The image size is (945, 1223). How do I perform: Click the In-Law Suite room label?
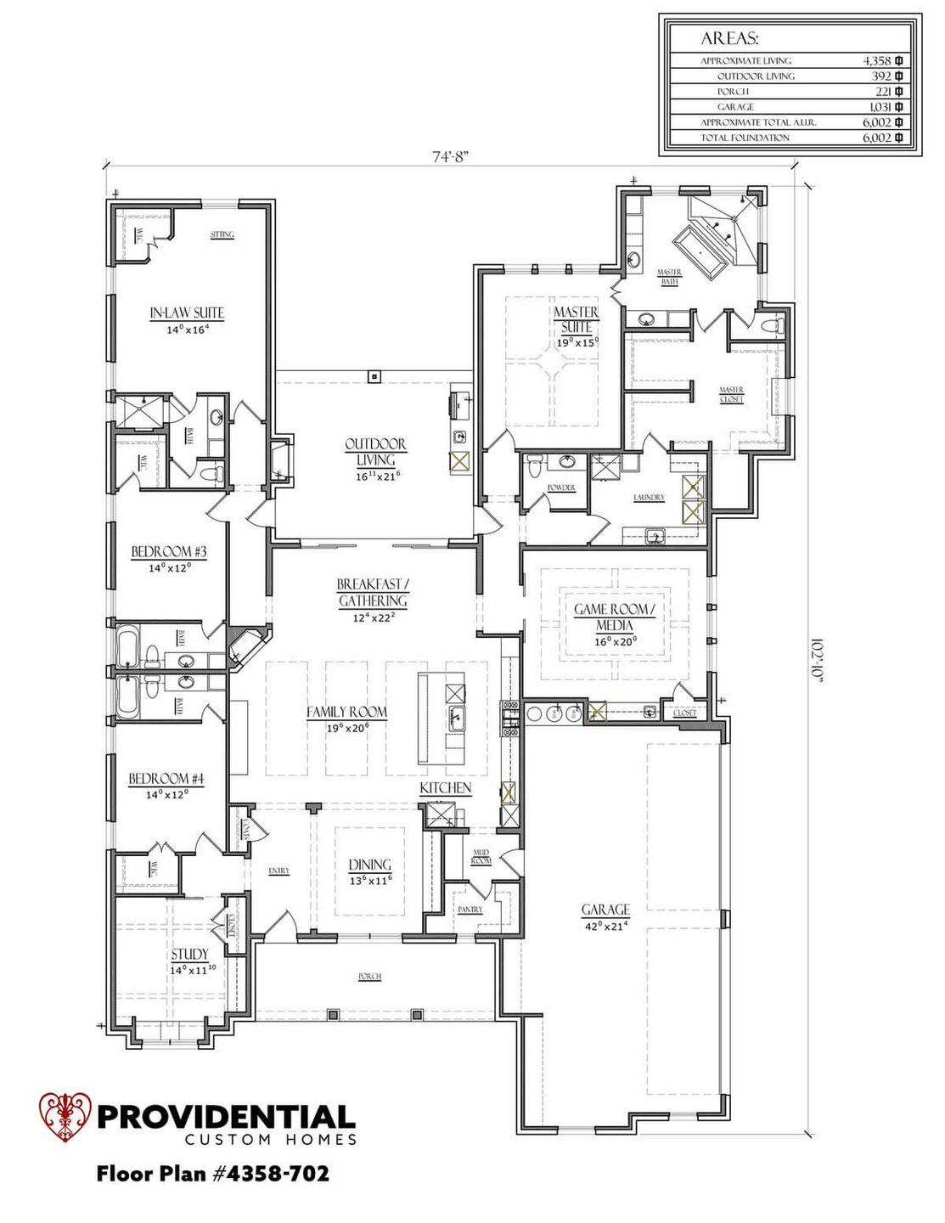point(187,313)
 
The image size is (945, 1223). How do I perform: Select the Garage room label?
point(605,910)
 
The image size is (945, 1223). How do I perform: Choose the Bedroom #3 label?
point(168,552)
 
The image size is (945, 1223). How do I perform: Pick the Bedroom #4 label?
point(166,779)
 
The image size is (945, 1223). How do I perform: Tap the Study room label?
point(189,955)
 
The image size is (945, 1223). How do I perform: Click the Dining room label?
point(369,865)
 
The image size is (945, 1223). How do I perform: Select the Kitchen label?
point(446,788)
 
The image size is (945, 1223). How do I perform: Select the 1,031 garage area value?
point(879,107)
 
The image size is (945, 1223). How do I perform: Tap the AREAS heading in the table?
point(729,38)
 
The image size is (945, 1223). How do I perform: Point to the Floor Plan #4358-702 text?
point(213,1174)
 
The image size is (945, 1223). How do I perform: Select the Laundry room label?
point(649,498)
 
